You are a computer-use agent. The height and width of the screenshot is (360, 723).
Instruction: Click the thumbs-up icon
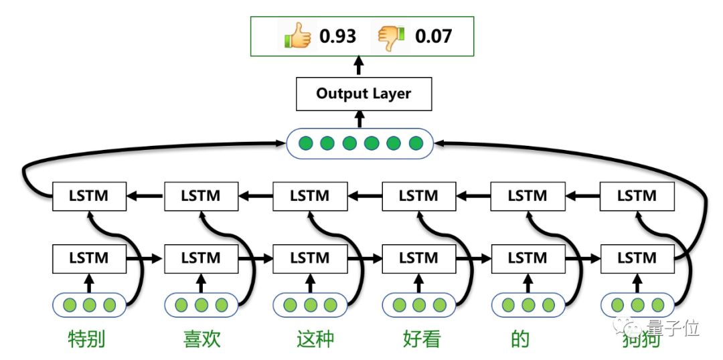(x=297, y=35)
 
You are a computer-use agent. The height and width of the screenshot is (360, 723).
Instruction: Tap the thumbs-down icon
(x=392, y=35)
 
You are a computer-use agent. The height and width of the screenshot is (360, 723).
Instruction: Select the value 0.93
(x=337, y=35)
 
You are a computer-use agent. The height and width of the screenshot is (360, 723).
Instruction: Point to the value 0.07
(x=433, y=35)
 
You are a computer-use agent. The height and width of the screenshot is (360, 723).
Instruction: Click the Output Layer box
(x=364, y=94)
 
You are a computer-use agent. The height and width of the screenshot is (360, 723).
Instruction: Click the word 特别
(x=87, y=339)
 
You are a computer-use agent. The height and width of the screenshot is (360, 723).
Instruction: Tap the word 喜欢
(x=202, y=339)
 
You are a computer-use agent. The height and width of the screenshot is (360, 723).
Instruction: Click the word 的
(x=519, y=339)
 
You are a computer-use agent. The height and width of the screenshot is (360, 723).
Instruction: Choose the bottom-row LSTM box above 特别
(x=89, y=258)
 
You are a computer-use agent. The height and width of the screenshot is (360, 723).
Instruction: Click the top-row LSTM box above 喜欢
(x=201, y=196)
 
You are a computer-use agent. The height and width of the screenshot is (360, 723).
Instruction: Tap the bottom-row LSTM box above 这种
(x=310, y=258)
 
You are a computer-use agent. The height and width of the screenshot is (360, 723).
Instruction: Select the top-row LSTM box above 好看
(x=419, y=196)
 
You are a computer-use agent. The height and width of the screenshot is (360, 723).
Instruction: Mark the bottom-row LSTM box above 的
(x=528, y=258)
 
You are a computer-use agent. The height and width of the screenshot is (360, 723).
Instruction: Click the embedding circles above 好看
(x=419, y=306)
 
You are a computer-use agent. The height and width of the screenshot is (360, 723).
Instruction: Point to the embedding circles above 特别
(x=89, y=306)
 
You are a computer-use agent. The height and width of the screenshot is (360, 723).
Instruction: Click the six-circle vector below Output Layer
(x=360, y=143)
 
